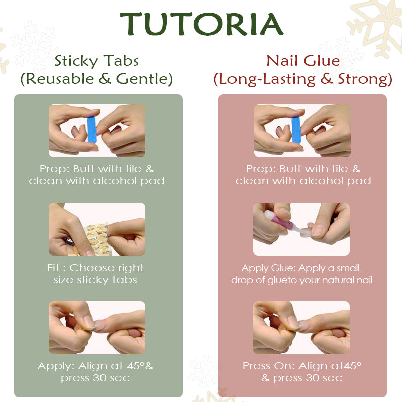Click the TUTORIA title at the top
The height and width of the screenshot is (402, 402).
coord(202,24)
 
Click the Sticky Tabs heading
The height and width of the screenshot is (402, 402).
coord(96,61)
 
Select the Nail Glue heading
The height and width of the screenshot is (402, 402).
coord(303,61)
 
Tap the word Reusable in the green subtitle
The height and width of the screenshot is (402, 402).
coord(60,79)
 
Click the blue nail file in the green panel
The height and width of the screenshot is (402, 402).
coord(92,130)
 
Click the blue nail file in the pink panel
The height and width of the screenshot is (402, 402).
coord(296,130)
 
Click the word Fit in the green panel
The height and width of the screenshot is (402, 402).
coord(53,268)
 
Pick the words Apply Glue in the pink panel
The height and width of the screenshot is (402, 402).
coord(269,268)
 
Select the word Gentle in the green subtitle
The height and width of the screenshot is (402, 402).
coord(144,79)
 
